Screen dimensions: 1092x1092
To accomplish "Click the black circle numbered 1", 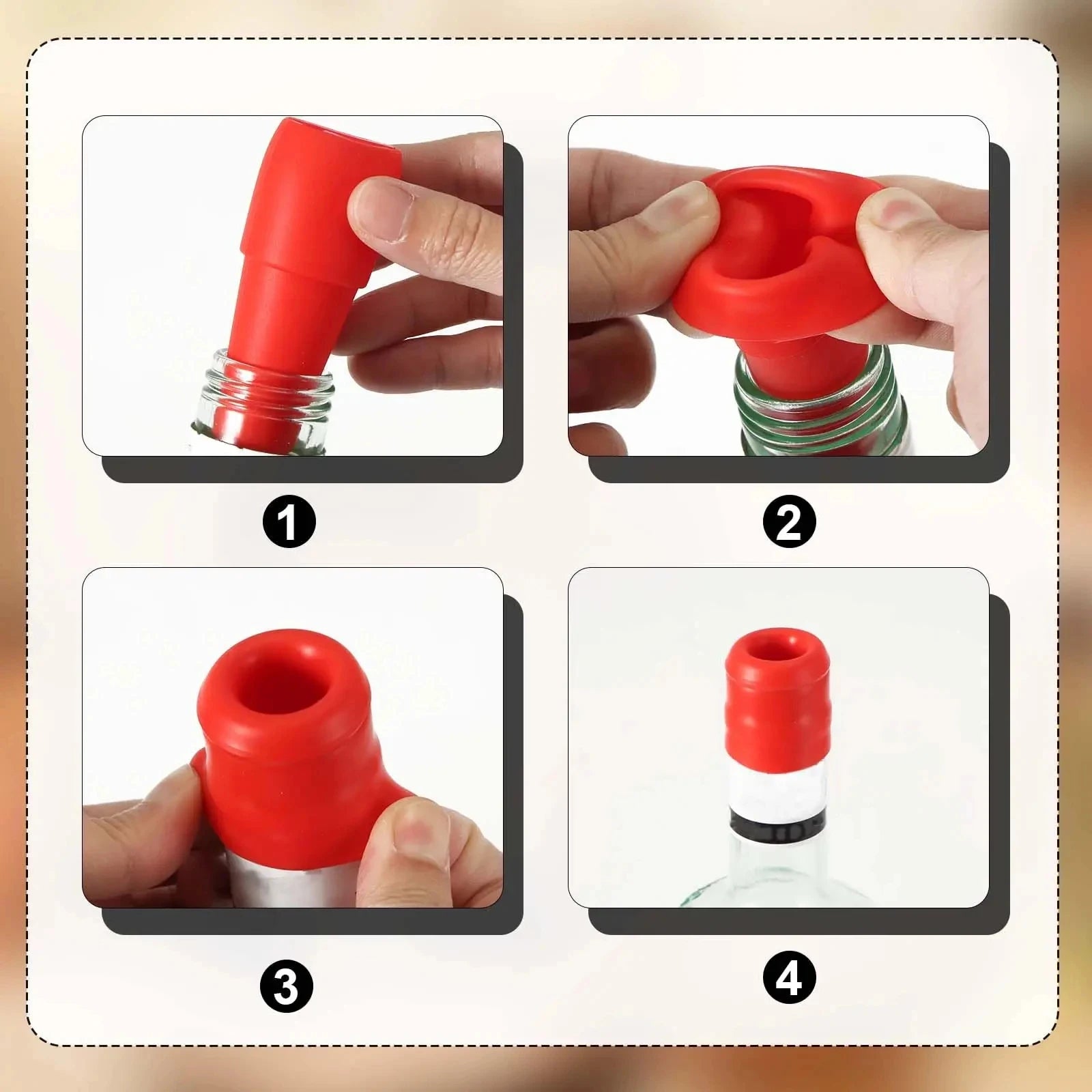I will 289,523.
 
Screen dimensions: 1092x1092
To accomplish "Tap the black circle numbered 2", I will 789,523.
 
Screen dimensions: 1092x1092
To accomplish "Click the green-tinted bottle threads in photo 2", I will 805,403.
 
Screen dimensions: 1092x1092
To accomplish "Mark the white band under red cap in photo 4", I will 778,792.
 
